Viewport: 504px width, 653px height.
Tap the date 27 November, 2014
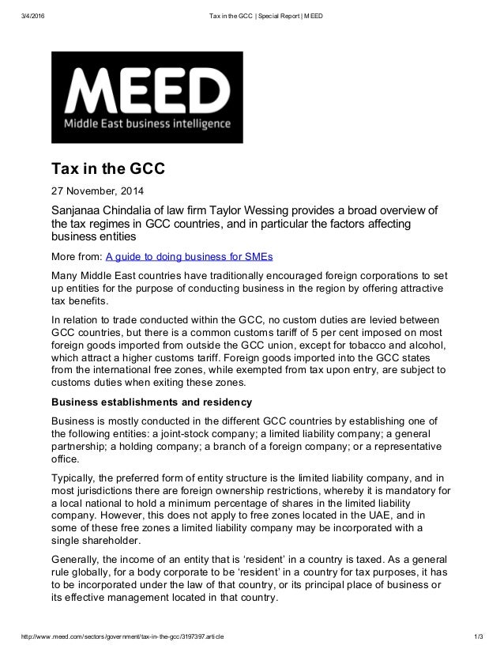pyautogui.click(x=98, y=191)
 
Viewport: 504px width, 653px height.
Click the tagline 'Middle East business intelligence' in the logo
pyautogui.click(x=148, y=124)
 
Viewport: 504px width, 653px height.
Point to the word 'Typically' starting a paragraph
pyautogui.click(x=76, y=478)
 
